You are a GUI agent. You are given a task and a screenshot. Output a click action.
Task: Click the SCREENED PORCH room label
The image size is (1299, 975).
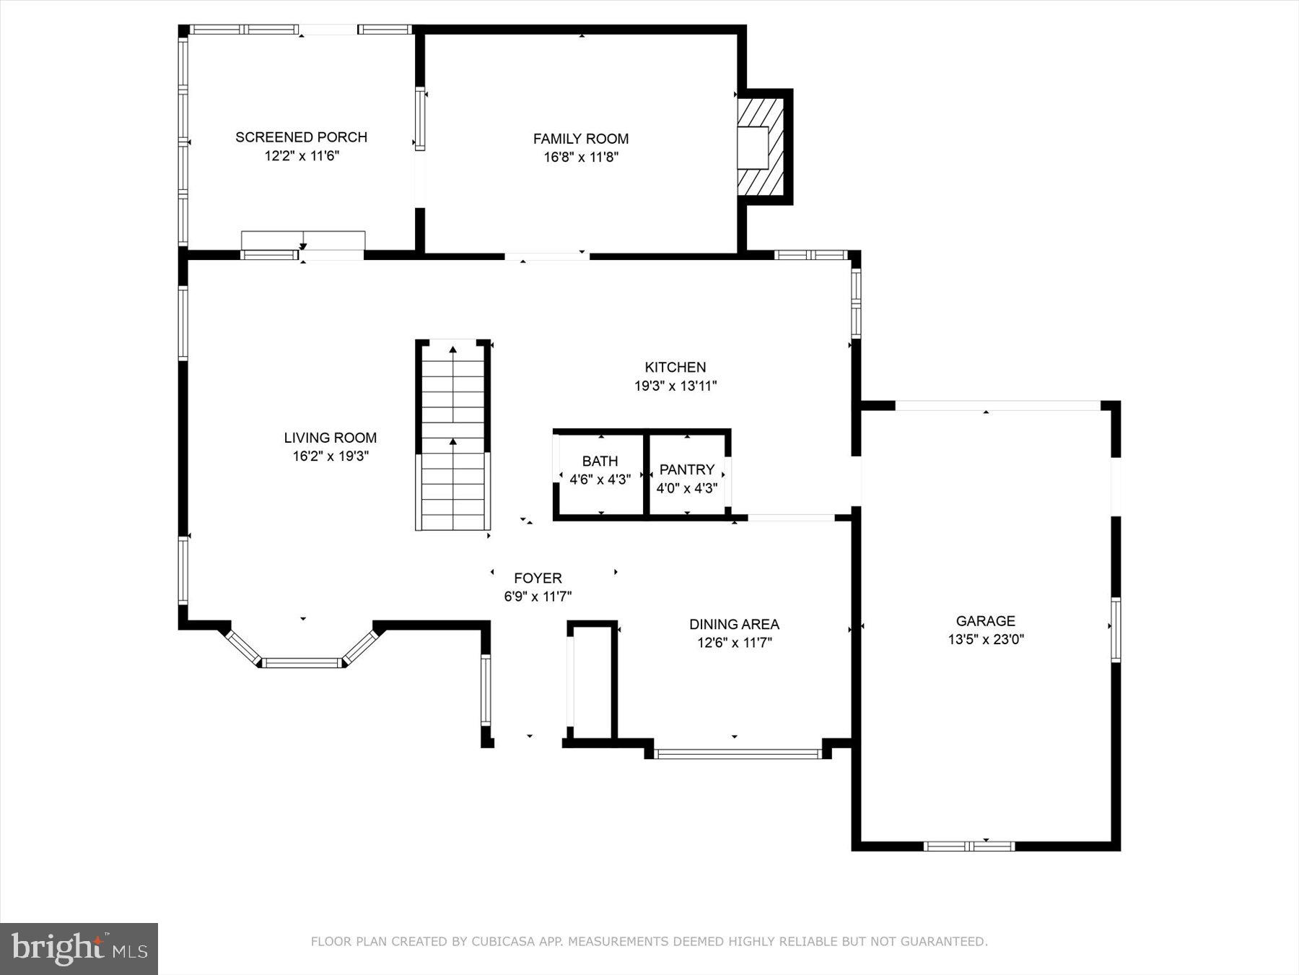coord(301,137)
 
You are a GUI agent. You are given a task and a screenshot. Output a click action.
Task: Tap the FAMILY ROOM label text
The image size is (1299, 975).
coord(581,139)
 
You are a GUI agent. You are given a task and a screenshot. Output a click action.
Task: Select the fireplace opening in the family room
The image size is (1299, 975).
coord(753,148)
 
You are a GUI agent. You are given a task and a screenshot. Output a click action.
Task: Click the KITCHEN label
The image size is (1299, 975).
coord(675,367)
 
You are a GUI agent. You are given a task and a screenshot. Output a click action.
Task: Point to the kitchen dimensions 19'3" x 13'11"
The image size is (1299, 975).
coord(675,386)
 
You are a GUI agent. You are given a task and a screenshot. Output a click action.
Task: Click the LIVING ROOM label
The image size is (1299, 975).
coord(330,438)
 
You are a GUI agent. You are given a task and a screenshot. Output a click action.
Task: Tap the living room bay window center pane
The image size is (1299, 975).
coord(301,662)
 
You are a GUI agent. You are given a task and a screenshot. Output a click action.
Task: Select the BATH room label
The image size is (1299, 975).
coord(600,461)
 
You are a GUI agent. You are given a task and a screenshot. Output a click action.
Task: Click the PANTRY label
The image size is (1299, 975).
coord(686,469)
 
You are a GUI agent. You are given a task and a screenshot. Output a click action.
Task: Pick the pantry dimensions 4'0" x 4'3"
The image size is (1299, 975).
coord(686,488)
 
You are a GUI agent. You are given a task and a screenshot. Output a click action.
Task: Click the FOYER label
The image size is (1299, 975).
coord(538,578)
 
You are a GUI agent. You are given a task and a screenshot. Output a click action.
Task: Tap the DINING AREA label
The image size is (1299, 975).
coord(734,624)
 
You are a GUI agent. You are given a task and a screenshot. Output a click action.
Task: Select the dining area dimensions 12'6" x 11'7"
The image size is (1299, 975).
coord(734,643)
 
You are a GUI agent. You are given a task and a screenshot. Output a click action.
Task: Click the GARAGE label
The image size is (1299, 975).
coord(985,620)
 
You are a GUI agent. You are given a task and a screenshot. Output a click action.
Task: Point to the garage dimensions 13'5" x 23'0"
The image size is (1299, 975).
coord(985,639)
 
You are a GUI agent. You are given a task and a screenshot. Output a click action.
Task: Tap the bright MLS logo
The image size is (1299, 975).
coord(79,948)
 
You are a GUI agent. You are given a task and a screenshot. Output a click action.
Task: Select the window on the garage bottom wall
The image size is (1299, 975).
coord(969,846)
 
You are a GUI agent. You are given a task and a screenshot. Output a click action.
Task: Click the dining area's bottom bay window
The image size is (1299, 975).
coord(738,754)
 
